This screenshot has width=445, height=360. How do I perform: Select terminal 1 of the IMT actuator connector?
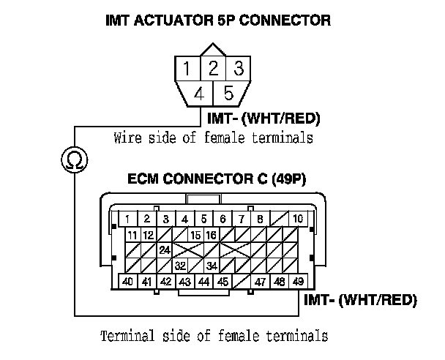pos(189,70)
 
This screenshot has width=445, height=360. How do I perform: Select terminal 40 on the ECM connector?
pos(127,281)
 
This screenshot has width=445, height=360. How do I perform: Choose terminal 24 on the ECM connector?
pos(165,250)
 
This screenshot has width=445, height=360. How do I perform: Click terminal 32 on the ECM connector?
pos(180,266)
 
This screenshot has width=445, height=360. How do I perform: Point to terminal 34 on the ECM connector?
pos(212,266)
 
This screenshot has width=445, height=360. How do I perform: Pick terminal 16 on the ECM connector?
pos(211,235)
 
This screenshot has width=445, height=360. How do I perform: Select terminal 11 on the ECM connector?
pos(132,235)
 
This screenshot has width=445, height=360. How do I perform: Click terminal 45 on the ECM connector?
pos(222,281)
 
